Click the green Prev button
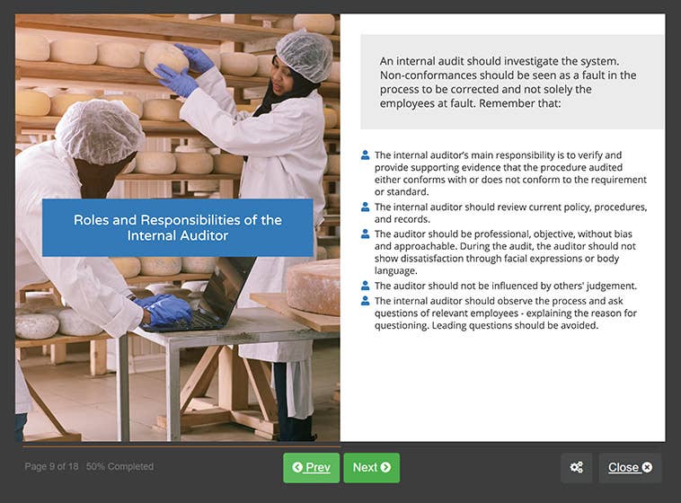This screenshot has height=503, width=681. [311, 467]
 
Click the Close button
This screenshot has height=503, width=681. [630, 467]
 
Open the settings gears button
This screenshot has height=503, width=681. [576, 467]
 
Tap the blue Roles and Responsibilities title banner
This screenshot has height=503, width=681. [177, 227]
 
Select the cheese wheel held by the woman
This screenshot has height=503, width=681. [165, 57]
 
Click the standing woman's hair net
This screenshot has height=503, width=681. [305, 54]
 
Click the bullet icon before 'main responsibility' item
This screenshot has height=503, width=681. [366, 155]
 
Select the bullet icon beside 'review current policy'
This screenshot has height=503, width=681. [366, 207]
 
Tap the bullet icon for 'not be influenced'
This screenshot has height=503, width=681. [366, 286]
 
